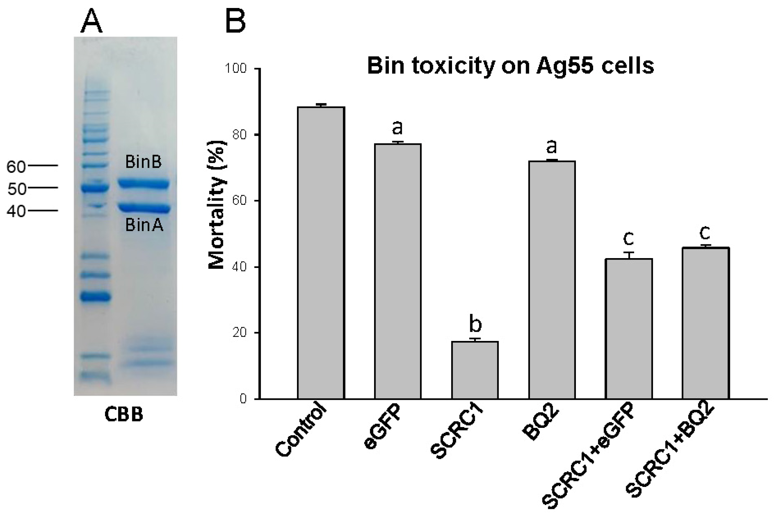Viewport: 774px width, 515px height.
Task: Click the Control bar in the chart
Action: [321, 253]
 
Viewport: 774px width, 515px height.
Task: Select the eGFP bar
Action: [397, 271]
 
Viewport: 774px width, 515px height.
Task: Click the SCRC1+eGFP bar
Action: [629, 329]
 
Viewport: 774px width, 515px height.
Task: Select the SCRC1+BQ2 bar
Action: [706, 323]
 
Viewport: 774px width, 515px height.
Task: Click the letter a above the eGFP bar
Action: [397, 128]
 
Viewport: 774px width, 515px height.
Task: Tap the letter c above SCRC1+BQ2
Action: [705, 233]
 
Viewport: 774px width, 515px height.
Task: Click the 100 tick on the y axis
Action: [235, 68]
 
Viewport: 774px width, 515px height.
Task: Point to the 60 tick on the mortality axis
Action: [239, 201]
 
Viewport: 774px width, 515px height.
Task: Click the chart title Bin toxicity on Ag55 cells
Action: [511, 66]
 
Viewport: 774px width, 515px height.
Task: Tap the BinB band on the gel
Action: [144, 184]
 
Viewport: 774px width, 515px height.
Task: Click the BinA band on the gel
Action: [144, 208]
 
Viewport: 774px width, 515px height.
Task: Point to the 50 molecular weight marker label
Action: [16, 189]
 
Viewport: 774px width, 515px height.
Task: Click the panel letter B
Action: [235, 20]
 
